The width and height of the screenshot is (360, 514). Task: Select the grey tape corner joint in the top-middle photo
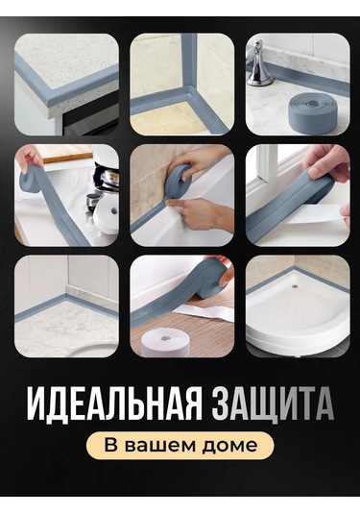click(184, 93)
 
